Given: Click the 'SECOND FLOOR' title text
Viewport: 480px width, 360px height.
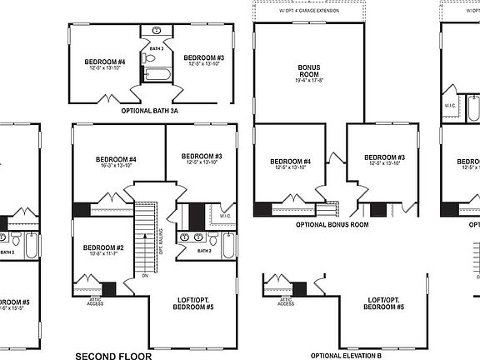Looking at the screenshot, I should click(x=114, y=356).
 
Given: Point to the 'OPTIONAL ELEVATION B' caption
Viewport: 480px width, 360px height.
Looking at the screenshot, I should click(x=345, y=356).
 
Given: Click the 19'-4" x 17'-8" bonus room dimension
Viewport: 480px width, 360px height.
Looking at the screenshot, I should click(x=309, y=81).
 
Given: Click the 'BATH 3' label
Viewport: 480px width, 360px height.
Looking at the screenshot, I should click(x=155, y=49).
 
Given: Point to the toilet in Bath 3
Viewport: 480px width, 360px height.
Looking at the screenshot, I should click(x=155, y=59).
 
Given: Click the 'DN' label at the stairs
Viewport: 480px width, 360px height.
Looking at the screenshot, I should click(x=144, y=275).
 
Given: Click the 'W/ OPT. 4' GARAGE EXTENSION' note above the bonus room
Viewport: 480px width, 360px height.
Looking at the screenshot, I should click(x=310, y=10).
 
